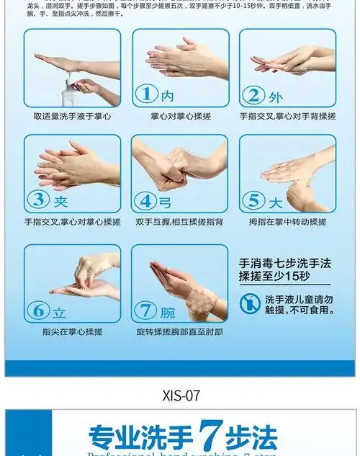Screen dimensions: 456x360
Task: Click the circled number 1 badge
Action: (147, 94)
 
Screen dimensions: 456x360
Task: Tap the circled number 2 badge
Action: (254, 94)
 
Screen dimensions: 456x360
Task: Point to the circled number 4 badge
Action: (147, 200)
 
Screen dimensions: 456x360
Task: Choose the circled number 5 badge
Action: (254, 200)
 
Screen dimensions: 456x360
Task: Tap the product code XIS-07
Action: (179, 395)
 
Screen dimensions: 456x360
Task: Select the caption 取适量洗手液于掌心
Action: (72, 117)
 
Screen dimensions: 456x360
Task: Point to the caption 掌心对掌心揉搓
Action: (179, 117)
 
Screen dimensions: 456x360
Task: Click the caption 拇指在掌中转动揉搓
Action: (287, 222)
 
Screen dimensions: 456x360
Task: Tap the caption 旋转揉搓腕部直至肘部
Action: (179, 332)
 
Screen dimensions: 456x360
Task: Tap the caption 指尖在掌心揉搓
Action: (72, 332)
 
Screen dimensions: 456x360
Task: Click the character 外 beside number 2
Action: (275, 95)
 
